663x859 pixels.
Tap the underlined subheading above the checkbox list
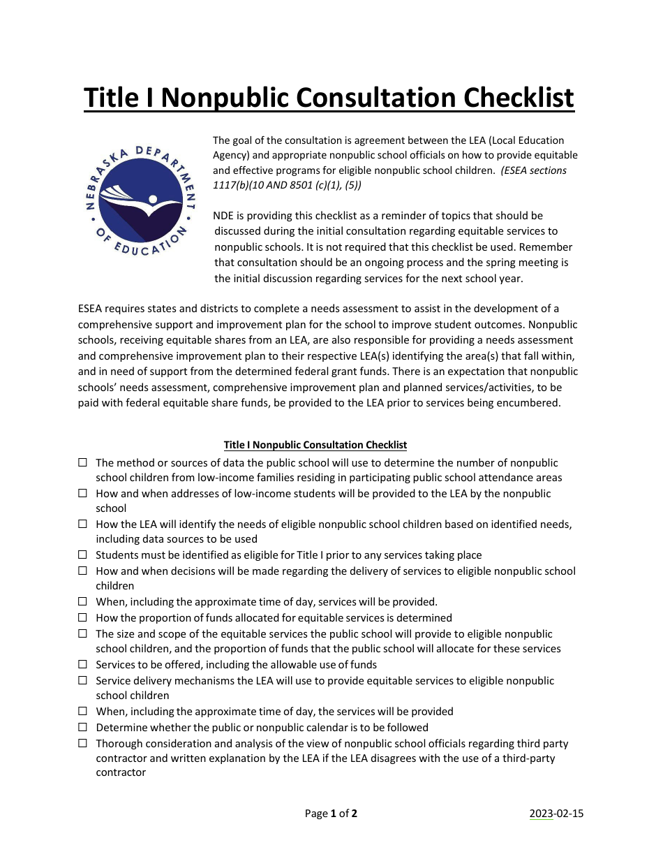pyautogui.click(x=315, y=445)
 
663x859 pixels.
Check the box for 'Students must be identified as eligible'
pyautogui.click(x=82, y=555)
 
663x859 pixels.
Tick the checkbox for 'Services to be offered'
pyautogui.click(x=82, y=665)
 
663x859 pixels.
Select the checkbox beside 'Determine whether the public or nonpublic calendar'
pyautogui.click(x=82, y=727)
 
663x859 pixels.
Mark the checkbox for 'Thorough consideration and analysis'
pyautogui.click(x=82, y=743)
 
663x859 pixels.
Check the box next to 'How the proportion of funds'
pyautogui.click(x=82, y=618)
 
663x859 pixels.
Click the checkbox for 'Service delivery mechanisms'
pyautogui.click(x=82, y=680)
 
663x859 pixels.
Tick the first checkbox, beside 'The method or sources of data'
pyautogui.click(x=82, y=462)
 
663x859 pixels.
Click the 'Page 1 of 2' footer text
pyautogui.click(x=331, y=813)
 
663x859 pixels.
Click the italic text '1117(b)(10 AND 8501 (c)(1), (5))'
pyautogui.click(x=287, y=185)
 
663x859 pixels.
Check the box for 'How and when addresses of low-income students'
pyautogui.click(x=82, y=493)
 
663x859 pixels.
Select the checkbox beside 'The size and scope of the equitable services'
pyautogui.click(x=82, y=634)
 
